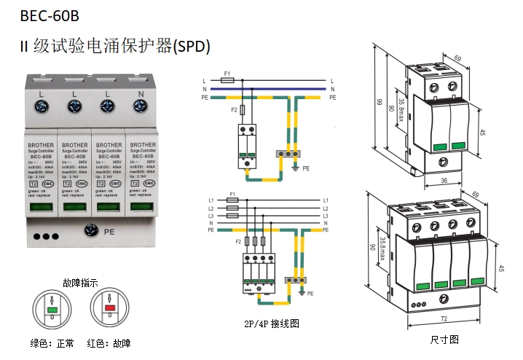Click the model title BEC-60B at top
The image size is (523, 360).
tap(50, 15)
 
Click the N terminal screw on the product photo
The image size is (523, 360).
tap(140, 107)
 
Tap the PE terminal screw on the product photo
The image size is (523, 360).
tap(92, 231)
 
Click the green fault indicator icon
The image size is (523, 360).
tap(53, 309)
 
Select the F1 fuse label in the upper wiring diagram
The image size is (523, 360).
tap(228, 74)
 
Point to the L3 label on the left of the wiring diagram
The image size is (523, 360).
tap(211, 216)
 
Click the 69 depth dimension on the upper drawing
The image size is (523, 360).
tap(458, 57)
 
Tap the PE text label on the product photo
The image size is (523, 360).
tap(111, 232)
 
